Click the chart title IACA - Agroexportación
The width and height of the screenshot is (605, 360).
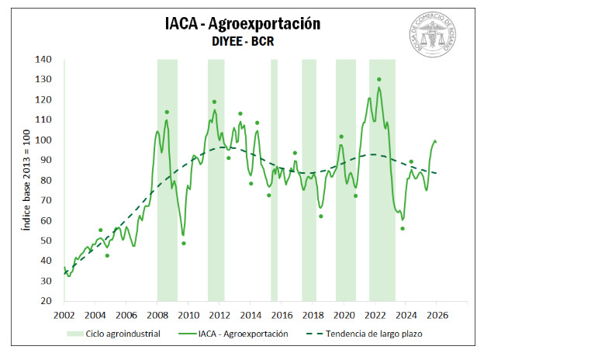click(x=243, y=23)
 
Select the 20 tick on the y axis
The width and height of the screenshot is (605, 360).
click(x=46, y=301)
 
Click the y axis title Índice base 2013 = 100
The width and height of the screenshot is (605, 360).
click(x=26, y=180)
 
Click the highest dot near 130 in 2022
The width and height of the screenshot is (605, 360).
click(x=379, y=79)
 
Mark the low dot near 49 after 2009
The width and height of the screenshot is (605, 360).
click(x=184, y=243)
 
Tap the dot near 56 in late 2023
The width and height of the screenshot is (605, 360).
click(x=403, y=228)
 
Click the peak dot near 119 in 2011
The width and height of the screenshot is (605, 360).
click(x=214, y=102)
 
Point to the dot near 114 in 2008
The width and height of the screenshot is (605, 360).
click(x=167, y=112)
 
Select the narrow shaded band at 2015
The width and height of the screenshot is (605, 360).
click(x=274, y=178)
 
